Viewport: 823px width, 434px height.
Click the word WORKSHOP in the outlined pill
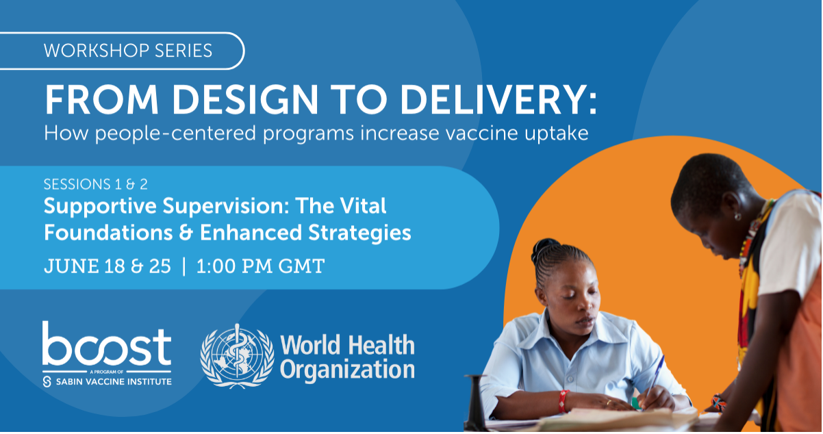pos(96,51)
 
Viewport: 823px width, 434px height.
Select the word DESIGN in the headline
pos(244,100)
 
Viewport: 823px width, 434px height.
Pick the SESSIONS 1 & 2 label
pos(96,184)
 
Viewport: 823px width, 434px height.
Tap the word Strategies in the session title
pos(359,233)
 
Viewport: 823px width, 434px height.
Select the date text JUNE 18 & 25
pos(107,266)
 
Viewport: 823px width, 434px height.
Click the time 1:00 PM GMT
pos(260,266)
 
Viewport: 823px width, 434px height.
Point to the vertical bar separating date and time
pos(183,266)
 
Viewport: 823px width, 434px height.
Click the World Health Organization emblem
pos(237,356)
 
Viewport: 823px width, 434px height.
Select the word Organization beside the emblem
pos(347,370)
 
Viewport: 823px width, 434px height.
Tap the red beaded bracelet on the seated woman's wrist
pos(563,401)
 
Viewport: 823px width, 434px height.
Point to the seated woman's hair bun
pos(546,246)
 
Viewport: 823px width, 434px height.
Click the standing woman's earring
pos(737,216)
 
